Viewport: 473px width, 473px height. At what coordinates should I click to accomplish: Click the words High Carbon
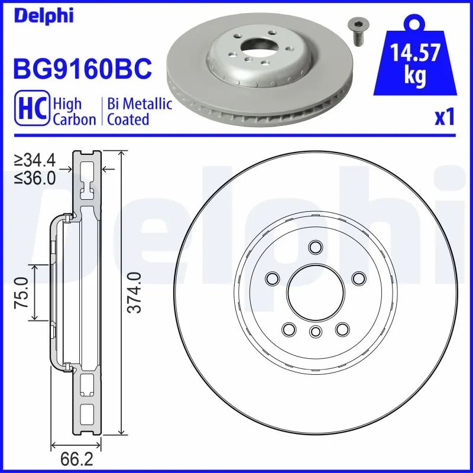pos(74,112)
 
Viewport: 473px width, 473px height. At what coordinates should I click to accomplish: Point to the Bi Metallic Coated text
pos(140,112)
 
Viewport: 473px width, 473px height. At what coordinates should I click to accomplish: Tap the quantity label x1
pos(445,118)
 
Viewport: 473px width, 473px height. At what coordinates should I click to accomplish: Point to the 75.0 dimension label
pos(22,292)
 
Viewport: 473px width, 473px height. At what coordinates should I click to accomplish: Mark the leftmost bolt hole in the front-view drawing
pos(273,277)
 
